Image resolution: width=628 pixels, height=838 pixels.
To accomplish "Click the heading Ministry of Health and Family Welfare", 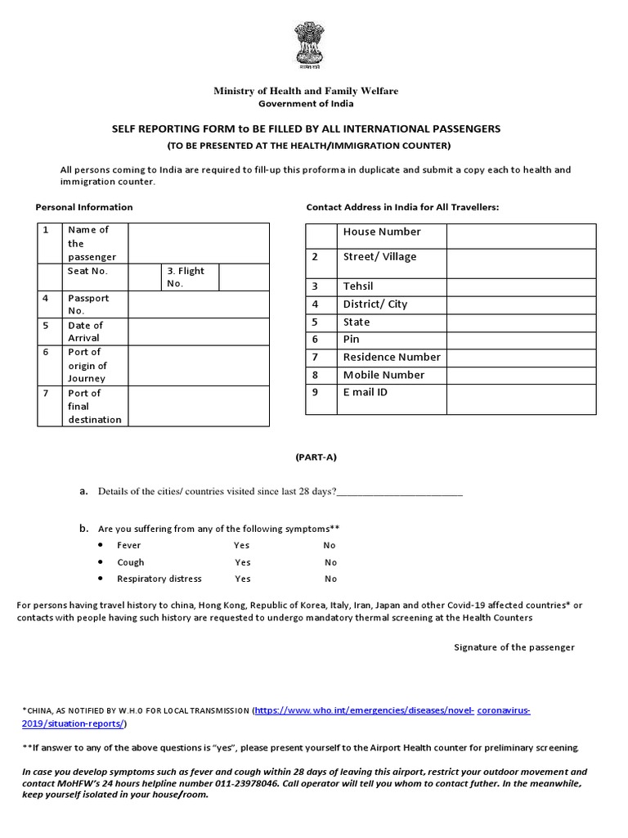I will coord(306,91).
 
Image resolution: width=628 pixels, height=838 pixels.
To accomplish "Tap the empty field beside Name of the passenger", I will coord(199,243).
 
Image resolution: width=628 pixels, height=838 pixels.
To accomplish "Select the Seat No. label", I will coord(87,271).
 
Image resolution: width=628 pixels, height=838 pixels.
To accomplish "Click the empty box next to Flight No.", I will coord(244,277).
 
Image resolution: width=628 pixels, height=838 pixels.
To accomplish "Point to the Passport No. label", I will coord(87,304).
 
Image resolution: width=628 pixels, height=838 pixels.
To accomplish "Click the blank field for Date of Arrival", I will coord(199,331).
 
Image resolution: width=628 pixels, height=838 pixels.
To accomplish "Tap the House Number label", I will coord(382,232).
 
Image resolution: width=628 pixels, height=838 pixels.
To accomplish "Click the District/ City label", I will coord(375,304).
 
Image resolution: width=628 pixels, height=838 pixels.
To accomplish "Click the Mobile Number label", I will coord(384,375).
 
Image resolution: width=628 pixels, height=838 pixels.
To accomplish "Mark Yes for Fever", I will coord(242,545).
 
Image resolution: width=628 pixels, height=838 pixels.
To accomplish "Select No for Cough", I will coord(330,562).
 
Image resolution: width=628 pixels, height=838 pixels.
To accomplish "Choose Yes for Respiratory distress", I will coord(243,579).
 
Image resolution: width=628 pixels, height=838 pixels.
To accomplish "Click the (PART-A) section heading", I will coord(316,457).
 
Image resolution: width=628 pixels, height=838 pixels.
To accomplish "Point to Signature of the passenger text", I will coord(514,647).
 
